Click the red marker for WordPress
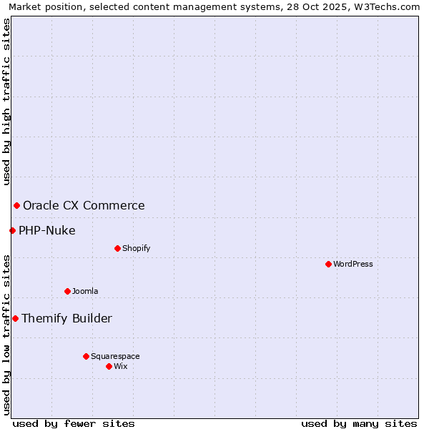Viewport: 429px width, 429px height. [x=328, y=264]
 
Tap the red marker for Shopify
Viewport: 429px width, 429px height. [x=117, y=248]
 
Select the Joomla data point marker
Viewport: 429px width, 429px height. [x=67, y=291]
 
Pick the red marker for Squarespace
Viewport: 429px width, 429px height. [x=86, y=356]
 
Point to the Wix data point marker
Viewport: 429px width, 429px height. [x=109, y=366]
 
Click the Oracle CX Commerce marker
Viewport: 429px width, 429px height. [x=16, y=206]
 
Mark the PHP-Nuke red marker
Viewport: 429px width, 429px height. [x=12, y=230]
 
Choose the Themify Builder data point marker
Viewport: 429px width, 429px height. [x=15, y=318]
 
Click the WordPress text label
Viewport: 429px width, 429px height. [x=353, y=264]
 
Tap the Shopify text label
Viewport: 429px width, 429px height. [x=136, y=248]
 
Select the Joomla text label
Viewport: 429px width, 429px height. [x=85, y=291]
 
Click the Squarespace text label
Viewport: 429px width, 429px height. [x=115, y=356]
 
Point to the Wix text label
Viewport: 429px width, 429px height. [x=121, y=366]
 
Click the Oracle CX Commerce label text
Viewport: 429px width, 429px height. [x=84, y=206]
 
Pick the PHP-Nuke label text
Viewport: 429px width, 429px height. [x=47, y=230]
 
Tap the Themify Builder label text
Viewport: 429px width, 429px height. [x=66, y=318]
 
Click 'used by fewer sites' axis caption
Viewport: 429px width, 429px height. [x=74, y=423]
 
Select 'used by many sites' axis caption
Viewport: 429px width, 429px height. [x=359, y=423]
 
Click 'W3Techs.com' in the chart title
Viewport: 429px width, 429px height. [x=392, y=6]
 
